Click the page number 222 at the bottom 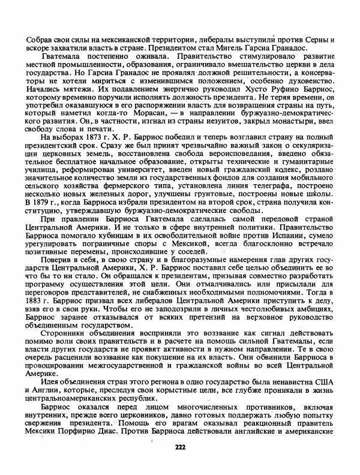tap(180, 447)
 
